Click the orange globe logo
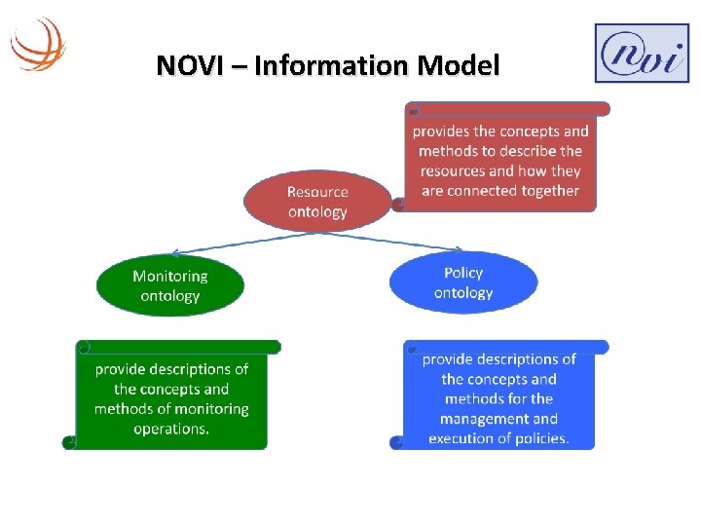[x=38, y=43]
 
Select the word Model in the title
[x=458, y=66]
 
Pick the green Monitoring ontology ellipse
[x=169, y=285]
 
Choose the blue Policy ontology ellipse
[x=463, y=282]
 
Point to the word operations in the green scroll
[x=171, y=430]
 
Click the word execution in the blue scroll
[x=462, y=438]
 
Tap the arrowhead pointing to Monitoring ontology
[x=175, y=254]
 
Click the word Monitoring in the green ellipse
[x=170, y=276]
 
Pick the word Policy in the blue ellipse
[x=463, y=273]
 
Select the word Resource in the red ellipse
[x=317, y=192]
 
